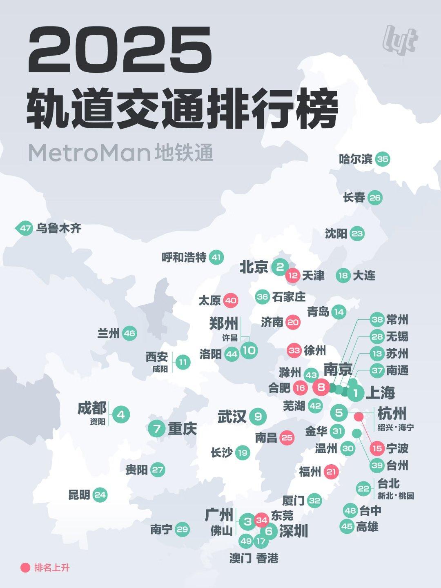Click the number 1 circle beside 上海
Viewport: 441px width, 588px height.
(x=356, y=394)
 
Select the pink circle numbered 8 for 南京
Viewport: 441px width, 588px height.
(x=321, y=386)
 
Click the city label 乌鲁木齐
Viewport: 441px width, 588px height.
(x=58, y=228)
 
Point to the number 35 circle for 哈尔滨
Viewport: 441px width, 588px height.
(x=383, y=159)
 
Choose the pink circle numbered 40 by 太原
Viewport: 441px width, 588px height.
(x=231, y=301)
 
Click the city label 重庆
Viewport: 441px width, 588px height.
(x=182, y=428)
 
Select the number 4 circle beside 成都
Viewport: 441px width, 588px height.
(x=121, y=415)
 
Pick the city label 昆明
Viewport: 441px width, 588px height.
(x=79, y=495)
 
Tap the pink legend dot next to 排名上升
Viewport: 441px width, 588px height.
(x=25, y=568)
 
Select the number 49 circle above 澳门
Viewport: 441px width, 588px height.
(x=246, y=541)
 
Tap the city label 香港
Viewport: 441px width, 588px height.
(x=267, y=558)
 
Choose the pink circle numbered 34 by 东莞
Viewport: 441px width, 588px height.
(x=262, y=520)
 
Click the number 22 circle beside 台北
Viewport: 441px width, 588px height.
(x=363, y=488)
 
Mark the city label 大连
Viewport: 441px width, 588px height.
(x=364, y=276)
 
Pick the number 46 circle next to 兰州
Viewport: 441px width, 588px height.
(x=129, y=334)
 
